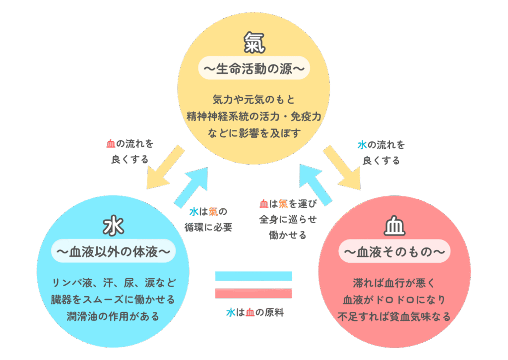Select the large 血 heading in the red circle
(394, 226)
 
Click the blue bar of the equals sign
(254, 276)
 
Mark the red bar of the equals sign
(254, 293)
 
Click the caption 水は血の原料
(254, 313)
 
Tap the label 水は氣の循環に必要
(210, 219)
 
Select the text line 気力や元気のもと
(254, 99)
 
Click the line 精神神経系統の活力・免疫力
(254, 116)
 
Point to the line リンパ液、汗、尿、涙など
(113, 283)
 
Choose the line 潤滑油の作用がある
(113, 316)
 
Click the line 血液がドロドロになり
(394, 300)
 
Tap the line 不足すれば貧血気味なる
(394, 316)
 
